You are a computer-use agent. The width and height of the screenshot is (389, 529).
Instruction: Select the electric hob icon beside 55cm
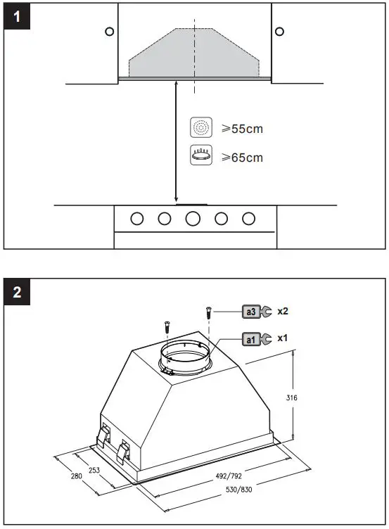200,128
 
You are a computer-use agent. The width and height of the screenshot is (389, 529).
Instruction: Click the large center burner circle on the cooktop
193,219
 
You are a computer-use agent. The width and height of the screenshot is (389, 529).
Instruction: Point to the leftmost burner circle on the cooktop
136,219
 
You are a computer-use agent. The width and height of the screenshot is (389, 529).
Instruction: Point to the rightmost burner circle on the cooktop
248,219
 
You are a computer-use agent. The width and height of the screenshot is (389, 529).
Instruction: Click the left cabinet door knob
109,31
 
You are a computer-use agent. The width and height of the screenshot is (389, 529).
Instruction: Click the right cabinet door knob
279,31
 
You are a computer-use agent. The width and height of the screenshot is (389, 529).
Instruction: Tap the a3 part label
250,311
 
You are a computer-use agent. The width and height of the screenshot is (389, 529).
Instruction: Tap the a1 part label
250,339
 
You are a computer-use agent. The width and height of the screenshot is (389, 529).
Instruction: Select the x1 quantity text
283,338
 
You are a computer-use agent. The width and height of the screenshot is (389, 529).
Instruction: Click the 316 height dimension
293,398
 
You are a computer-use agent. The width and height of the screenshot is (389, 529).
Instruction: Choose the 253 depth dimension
94,471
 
